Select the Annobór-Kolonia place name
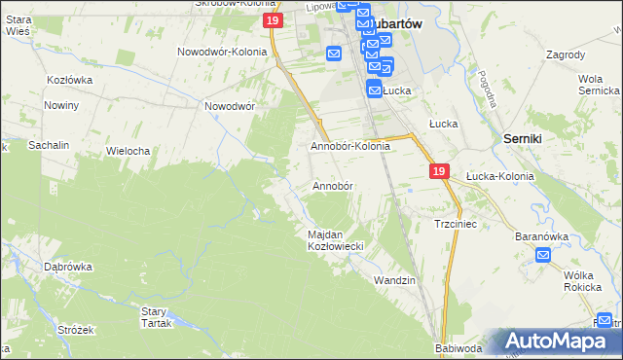pos(349,146)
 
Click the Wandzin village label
pos(395,279)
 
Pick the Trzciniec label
pos(454,224)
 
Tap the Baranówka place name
pos(541,235)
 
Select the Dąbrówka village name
pos(67,266)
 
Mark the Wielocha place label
pos(128,151)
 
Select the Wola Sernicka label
pos(599,84)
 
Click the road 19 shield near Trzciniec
pos(439,171)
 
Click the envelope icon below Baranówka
pos(543,256)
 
